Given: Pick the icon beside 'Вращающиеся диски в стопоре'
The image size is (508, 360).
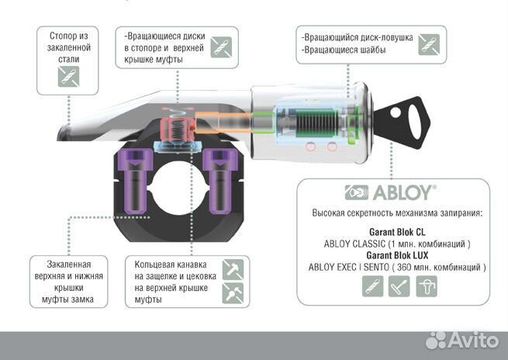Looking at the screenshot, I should (221, 45).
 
